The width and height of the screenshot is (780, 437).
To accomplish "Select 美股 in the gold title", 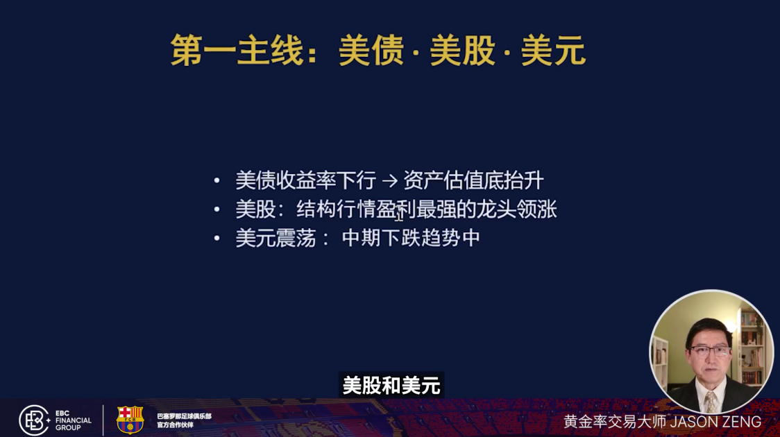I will [x=462, y=51].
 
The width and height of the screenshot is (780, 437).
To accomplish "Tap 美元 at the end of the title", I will [x=553, y=51].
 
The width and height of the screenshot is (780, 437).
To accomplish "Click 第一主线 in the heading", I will [x=237, y=51].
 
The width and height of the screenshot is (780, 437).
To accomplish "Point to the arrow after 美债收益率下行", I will [x=389, y=181].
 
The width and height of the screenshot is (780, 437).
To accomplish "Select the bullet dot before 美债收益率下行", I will [x=217, y=181].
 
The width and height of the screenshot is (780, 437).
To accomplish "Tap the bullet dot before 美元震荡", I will [x=217, y=239].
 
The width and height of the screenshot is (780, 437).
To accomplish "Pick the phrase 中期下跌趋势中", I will [x=411, y=239].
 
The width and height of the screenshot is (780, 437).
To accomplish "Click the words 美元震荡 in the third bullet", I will [x=275, y=239].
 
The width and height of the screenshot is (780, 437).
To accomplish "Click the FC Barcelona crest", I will [x=130, y=420].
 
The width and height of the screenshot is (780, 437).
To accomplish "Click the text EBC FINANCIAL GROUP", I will [x=73, y=420].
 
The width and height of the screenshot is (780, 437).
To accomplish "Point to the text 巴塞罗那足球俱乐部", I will [x=184, y=416].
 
